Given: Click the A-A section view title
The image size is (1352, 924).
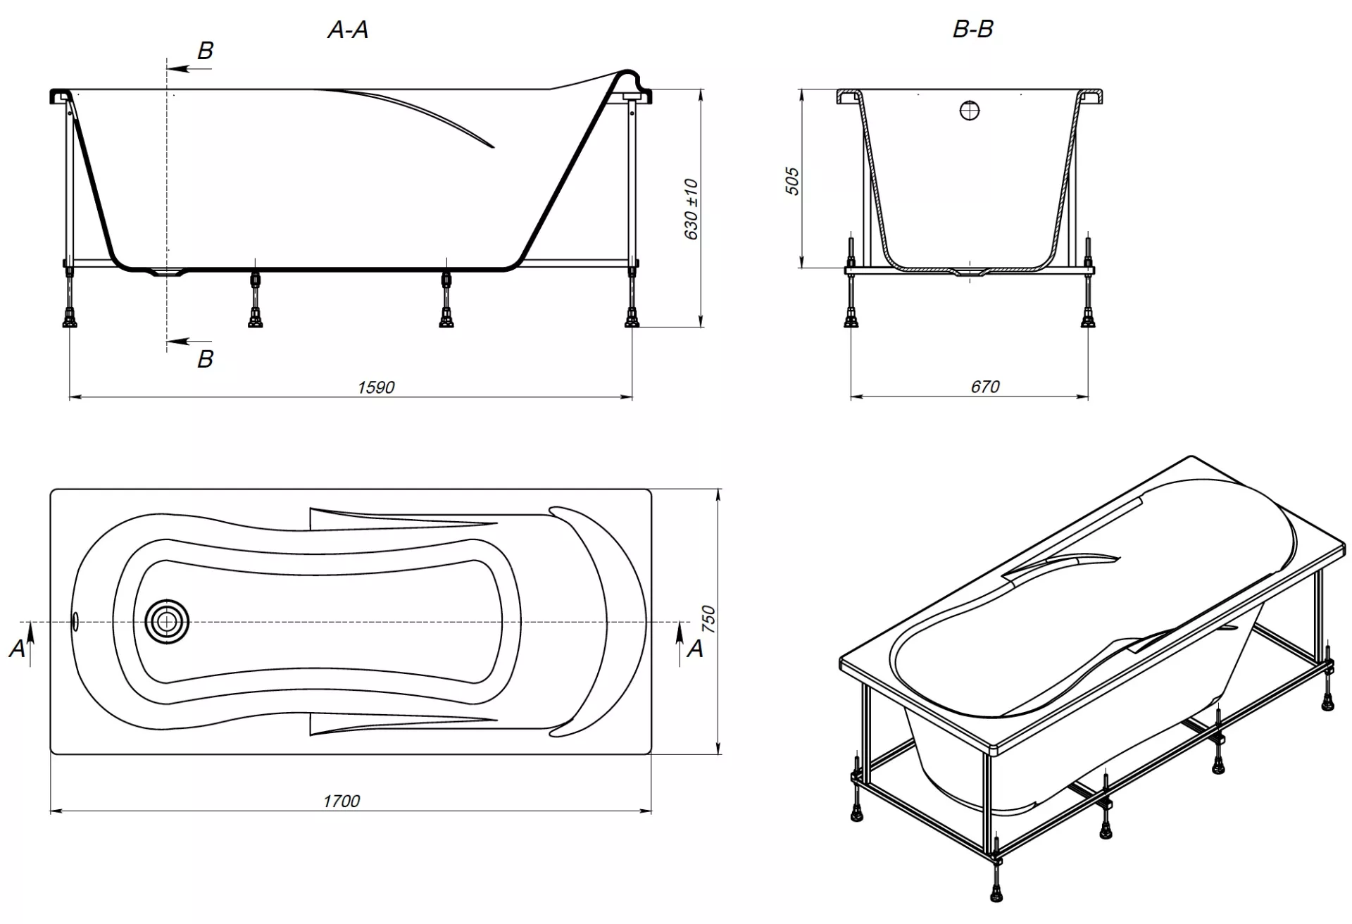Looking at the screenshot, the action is [x=348, y=30].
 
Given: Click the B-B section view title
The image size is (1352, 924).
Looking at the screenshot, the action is [x=972, y=29].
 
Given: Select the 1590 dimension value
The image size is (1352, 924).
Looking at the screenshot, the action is [x=376, y=387].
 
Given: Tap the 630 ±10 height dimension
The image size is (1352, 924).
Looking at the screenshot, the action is [x=691, y=209].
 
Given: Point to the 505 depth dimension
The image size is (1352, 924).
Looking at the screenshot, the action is [x=792, y=181].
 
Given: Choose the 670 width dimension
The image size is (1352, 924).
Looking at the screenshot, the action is [x=985, y=387].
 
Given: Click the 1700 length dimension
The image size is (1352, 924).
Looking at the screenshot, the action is [x=342, y=801].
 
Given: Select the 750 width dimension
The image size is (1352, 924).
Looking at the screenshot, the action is [x=708, y=620].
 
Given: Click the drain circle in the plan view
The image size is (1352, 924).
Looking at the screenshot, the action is [x=167, y=621].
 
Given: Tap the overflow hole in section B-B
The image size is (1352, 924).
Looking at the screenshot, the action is [x=970, y=110].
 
